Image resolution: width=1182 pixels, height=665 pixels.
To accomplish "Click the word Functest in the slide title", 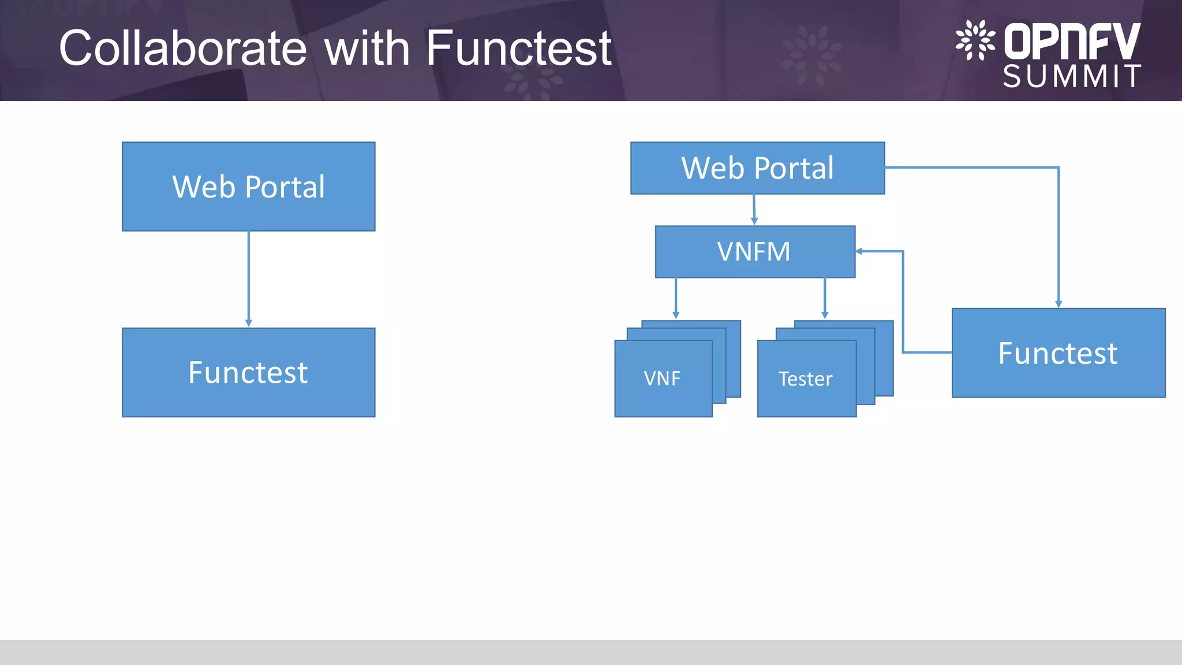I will [x=518, y=48].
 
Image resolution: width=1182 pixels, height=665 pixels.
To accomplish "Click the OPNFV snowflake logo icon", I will [x=975, y=40].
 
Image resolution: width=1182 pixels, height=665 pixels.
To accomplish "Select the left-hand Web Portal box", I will [x=248, y=186].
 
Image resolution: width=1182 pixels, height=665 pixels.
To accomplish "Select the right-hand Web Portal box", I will [x=757, y=168].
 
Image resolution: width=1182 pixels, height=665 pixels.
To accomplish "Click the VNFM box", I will [x=754, y=252].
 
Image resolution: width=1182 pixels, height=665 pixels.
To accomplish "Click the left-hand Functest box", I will [x=248, y=372].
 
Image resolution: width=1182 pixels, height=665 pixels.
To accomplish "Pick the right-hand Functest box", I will [x=1058, y=353].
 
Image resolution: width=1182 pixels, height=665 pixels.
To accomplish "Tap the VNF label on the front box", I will [x=662, y=379].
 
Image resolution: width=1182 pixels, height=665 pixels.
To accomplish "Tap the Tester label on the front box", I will [x=805, y=379].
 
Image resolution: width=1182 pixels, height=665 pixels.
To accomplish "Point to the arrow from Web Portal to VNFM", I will [x=754, y=210].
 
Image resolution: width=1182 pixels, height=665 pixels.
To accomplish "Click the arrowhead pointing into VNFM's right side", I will [x=859, y=251].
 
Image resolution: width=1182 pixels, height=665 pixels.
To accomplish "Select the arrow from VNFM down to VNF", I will [x=676, y=298].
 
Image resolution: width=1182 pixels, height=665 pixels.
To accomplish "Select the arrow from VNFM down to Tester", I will [x=825, y=298].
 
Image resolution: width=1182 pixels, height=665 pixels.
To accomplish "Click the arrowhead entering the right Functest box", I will [x=1058, y=304].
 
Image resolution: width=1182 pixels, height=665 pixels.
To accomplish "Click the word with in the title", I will [x=367, y=48].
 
